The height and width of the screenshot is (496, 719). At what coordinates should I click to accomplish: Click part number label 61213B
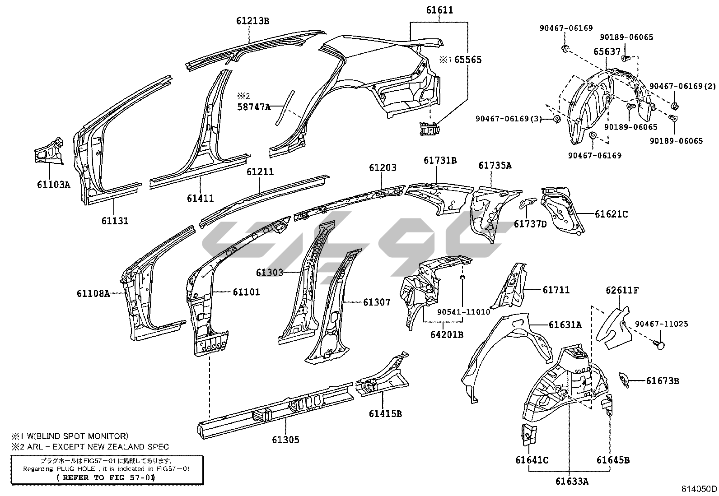click(x=252, y=21)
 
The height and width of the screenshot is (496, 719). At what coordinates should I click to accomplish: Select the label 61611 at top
click(x=439, y=10)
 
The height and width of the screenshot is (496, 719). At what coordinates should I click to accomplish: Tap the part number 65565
click(x=468, y=60)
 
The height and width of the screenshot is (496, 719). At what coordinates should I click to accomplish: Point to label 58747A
click(x=254, y=107)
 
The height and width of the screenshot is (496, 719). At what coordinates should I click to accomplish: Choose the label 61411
click(x=200, y=198)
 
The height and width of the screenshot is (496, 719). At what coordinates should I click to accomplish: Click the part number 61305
click(x=285, y=440)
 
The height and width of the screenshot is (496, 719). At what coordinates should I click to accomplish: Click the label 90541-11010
click(x=463, y=312)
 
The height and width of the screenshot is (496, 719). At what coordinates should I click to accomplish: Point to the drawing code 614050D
click(x=699, y=489)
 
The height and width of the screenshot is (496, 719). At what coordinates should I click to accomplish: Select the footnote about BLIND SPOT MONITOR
click(x=70, y=436)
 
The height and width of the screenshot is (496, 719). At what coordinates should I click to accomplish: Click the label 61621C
click(x=611, y=214)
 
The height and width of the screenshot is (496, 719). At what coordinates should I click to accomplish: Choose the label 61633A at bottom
click(x=572, y=481)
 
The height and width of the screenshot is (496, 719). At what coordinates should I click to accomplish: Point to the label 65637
click(x=607, y=52)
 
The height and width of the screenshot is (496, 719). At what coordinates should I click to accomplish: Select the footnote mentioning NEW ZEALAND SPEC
click(x=90, y=447)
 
